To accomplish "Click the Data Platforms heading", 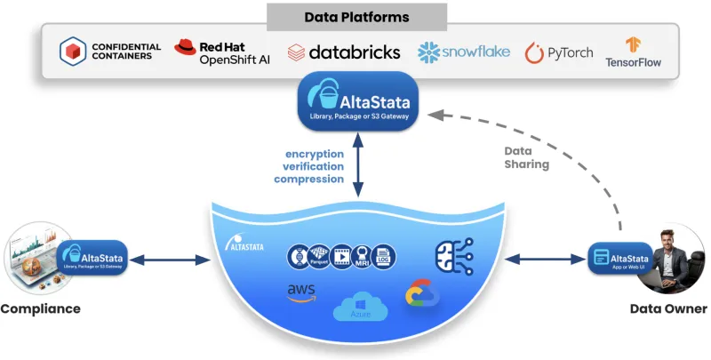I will pos(356,17).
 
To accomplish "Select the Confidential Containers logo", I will pos(110,52).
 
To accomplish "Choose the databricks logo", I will pos(343,52).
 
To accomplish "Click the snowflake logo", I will pos(464,52).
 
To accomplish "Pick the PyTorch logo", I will pos(558,52).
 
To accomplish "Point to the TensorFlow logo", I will pos(634,52).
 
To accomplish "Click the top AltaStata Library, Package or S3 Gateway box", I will pos(356,101).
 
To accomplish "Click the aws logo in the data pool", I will pos(302,293).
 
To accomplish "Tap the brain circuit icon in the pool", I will pos(449,255).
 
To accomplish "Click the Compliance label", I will pos(40,308).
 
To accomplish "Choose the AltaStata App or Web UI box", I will pos(620,260).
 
